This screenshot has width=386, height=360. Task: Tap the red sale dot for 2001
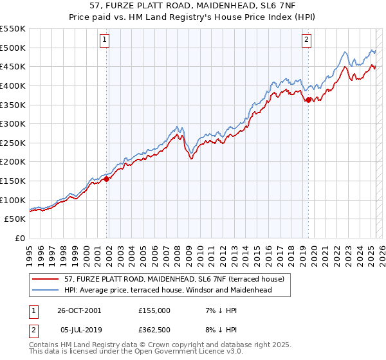[107, 179]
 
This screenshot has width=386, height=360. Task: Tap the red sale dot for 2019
[308, 100]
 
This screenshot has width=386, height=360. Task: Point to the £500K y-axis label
[14, 48]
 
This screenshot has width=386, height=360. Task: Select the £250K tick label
[14, 143]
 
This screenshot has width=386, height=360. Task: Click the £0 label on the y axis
[19, 239]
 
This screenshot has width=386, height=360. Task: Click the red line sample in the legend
[45, 279]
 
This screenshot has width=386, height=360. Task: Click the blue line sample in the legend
[45, 290]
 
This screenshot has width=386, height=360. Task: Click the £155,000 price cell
[154, 310]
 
